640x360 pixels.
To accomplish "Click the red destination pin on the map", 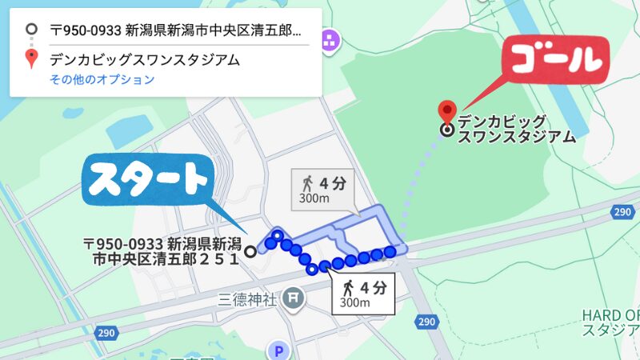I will tap(447, 111).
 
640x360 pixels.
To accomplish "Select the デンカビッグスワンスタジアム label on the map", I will tap(517, 130).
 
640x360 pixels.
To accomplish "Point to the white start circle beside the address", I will tap(250, 251).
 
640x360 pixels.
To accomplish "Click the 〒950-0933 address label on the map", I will tap(164, 250).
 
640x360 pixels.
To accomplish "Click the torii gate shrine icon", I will tap(294, 299).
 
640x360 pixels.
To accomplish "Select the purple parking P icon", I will tap(278, 350).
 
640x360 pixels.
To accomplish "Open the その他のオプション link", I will tap(102, 79).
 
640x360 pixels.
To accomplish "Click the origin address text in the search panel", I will tap(176, 31).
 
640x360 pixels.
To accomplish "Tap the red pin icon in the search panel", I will tap(31, 58).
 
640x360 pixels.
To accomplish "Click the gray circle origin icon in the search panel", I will tap(31, 30).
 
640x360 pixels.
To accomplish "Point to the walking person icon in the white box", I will tap(349, 286).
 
